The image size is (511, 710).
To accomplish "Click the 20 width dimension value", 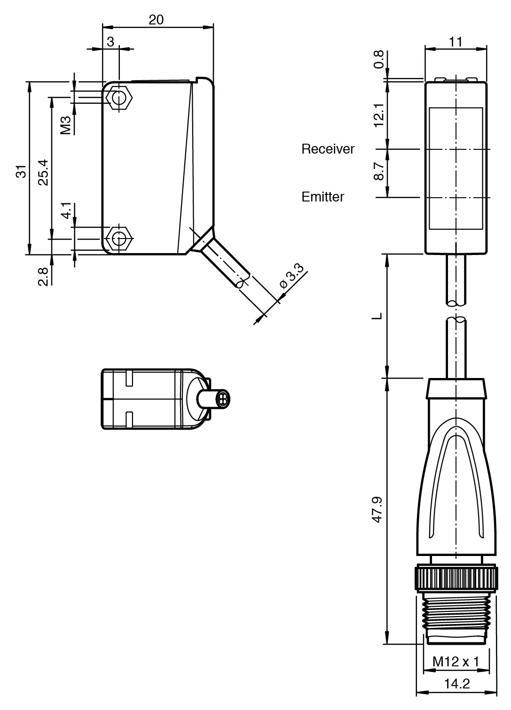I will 156,19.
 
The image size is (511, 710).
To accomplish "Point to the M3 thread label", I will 66,125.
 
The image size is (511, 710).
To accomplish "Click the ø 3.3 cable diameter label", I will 292,278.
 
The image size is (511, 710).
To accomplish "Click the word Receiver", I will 328,149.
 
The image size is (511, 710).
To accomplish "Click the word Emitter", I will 322,197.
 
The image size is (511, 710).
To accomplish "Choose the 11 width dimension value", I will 455,42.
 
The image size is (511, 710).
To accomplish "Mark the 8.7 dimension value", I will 378,171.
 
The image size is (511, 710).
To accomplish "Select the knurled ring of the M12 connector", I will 456,578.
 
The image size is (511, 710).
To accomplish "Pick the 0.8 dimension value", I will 379,59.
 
